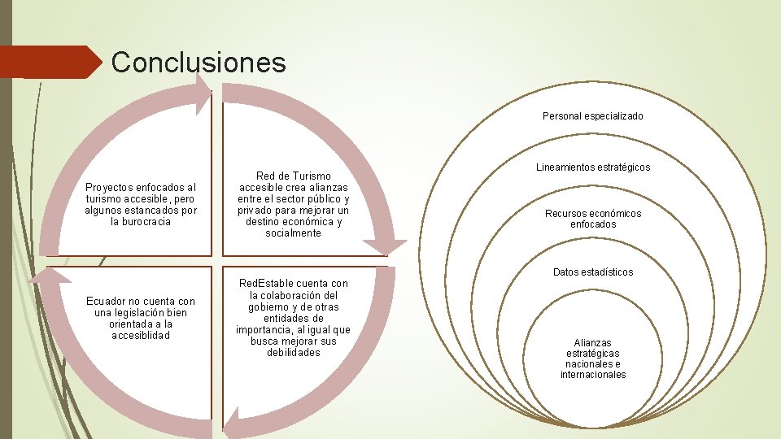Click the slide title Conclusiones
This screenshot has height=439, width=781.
tap(199, 62)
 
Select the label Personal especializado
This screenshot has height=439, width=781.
tap(592, 116)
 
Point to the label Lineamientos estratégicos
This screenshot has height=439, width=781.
tap(592, 167)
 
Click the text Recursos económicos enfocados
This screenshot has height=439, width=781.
tap(593, 219)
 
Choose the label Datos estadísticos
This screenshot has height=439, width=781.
tap(592, 272)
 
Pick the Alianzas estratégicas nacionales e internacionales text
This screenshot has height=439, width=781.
tap(593, 359)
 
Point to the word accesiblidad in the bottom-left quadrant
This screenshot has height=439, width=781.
tap(141, 335)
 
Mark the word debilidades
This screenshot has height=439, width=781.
tap(293, 352)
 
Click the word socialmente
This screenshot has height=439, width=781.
tap(293, 233)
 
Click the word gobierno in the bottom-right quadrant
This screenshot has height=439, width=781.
tap(273, 306)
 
